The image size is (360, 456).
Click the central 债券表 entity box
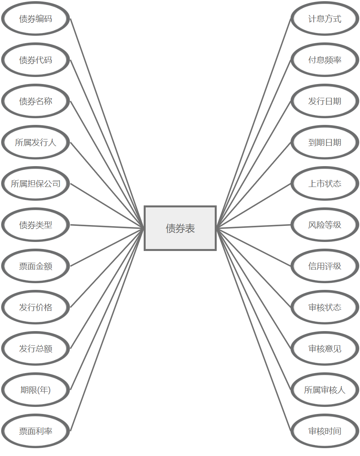coord(180,228)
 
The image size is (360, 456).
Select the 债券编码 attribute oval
coord(36,19)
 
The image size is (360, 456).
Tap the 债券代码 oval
coord(36,60)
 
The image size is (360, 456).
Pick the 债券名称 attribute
coord(36,101)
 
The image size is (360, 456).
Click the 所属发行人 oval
coord(36,143)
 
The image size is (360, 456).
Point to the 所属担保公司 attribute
coord(36,184)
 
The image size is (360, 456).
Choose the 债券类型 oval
coord(36,225)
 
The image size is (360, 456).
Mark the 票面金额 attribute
coord(36,266)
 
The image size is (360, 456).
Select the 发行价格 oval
coord(36,308)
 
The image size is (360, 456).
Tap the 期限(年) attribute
coord(36,390)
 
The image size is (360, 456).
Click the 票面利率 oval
coord(36,431)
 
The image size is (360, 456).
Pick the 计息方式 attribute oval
coord(325,19)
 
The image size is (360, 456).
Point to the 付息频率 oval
coord(325,60)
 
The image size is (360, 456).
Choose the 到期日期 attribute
coord(325,143)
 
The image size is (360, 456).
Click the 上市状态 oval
coord(325,184)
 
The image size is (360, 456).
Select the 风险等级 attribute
coord(325,225)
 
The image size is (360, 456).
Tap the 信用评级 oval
coord(325,266)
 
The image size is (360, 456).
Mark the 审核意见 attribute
coord(325,349)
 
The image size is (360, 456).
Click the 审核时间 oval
coord(325,431)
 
